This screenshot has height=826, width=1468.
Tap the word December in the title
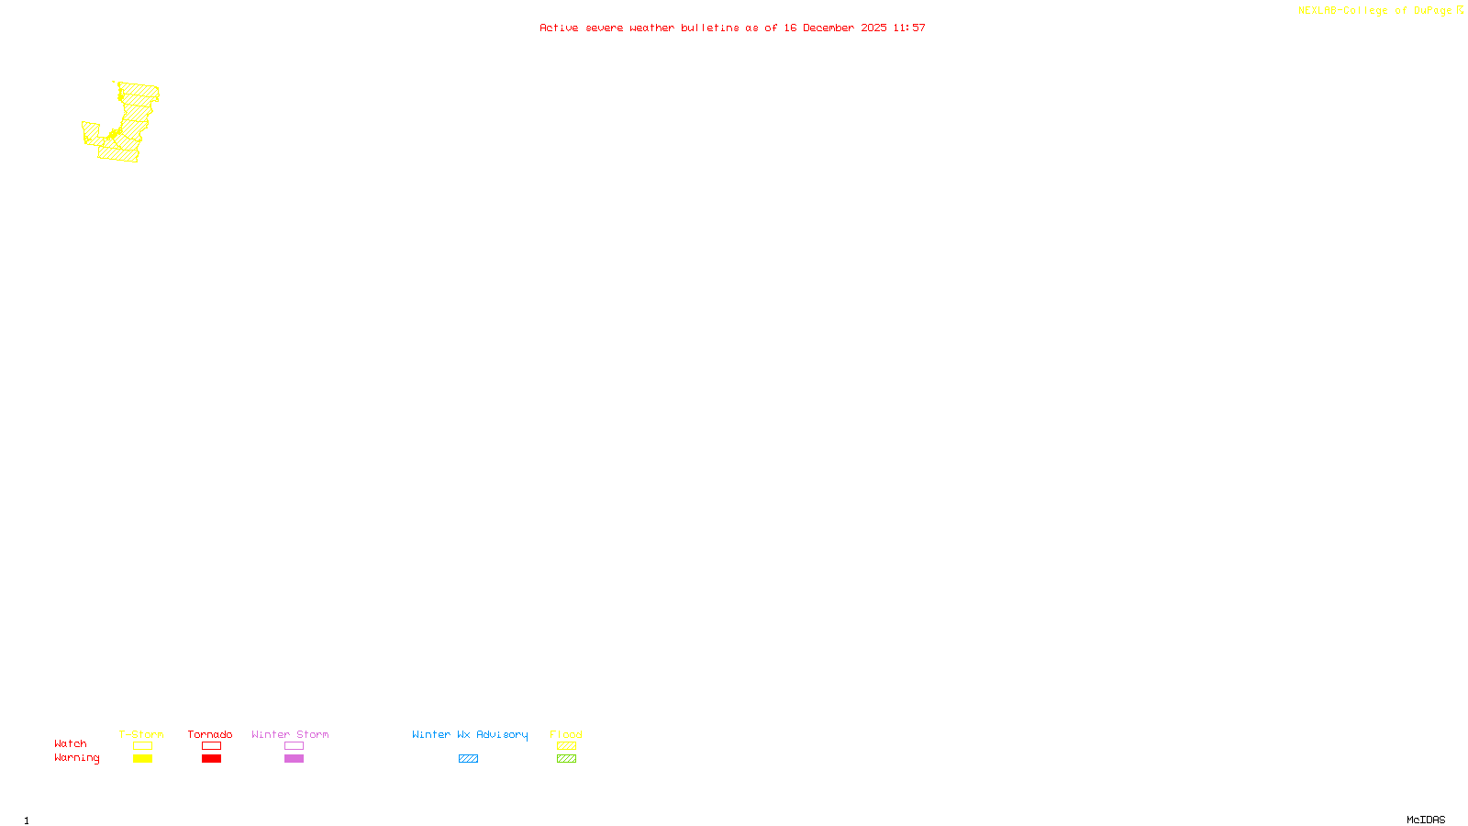(x=831, y=28)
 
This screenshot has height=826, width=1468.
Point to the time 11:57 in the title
(x=909, y=28)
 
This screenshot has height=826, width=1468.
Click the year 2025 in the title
(x=873, y=28)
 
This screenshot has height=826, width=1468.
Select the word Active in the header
(x=559, y=28)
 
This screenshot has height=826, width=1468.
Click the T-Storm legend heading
(x=141, y=734)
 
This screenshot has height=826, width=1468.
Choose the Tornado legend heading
(x=210, y=734)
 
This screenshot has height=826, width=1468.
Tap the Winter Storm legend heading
(x=290, y=734)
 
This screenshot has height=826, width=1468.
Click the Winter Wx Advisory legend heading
(x=470, y=734)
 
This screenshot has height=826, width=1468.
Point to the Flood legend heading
(x=566, y=734)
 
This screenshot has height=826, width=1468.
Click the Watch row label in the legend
(x=71, y=744)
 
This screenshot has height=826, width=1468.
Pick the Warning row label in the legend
(x=76, y=758)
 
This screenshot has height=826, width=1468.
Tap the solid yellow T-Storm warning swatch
(x=142, y=759)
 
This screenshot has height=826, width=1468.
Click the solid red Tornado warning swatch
(x=212, y=759)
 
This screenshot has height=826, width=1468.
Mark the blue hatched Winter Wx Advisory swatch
(x=468, y=759)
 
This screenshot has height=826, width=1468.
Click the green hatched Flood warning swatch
(x=566, y=759)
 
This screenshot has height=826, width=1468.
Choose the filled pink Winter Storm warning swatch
(x=294, y=759)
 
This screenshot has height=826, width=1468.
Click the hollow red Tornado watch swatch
(x=212, y=746)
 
